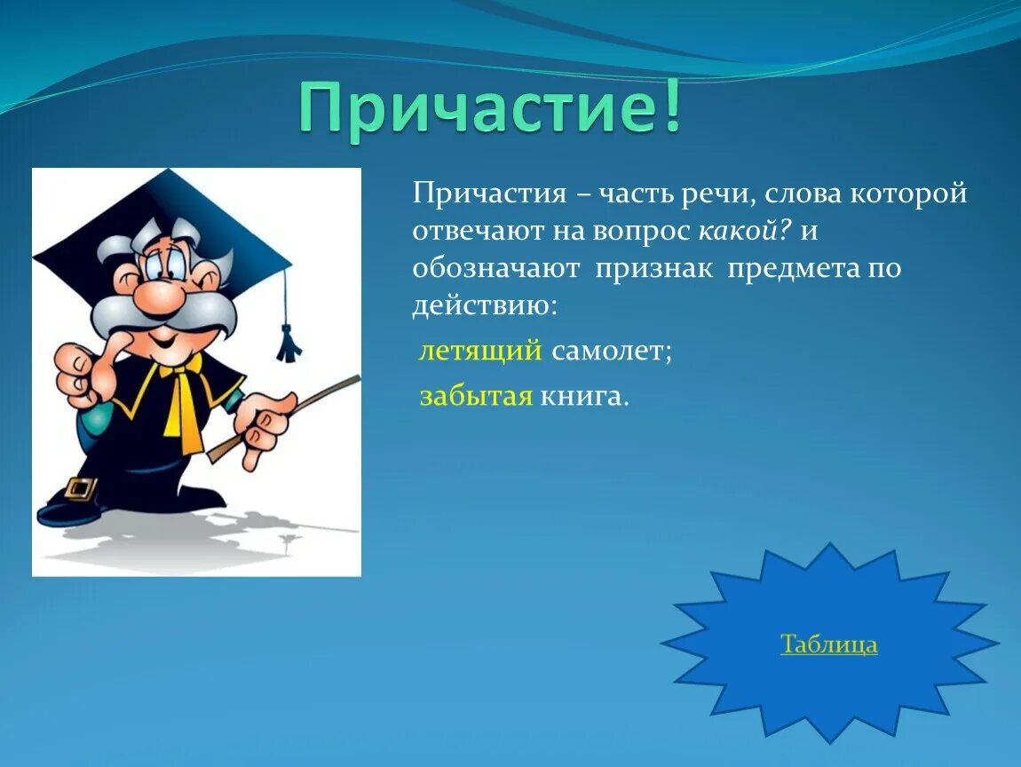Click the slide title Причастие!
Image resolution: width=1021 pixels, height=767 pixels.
tap(490, 107)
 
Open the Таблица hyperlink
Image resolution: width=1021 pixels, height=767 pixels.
tap(829, 644)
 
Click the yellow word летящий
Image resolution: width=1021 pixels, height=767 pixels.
tap(480, 351)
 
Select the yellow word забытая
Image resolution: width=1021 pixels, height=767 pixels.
tap(476, 396)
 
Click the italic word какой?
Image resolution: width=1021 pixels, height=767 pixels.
tap(745, 231)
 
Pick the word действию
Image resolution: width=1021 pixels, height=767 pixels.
tap(485, 305)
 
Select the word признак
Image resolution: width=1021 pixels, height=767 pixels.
tap(653, 268)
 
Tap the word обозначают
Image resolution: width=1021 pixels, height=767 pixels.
tap(495, 268)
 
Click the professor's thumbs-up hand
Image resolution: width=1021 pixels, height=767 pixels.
tap(78, 373)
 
